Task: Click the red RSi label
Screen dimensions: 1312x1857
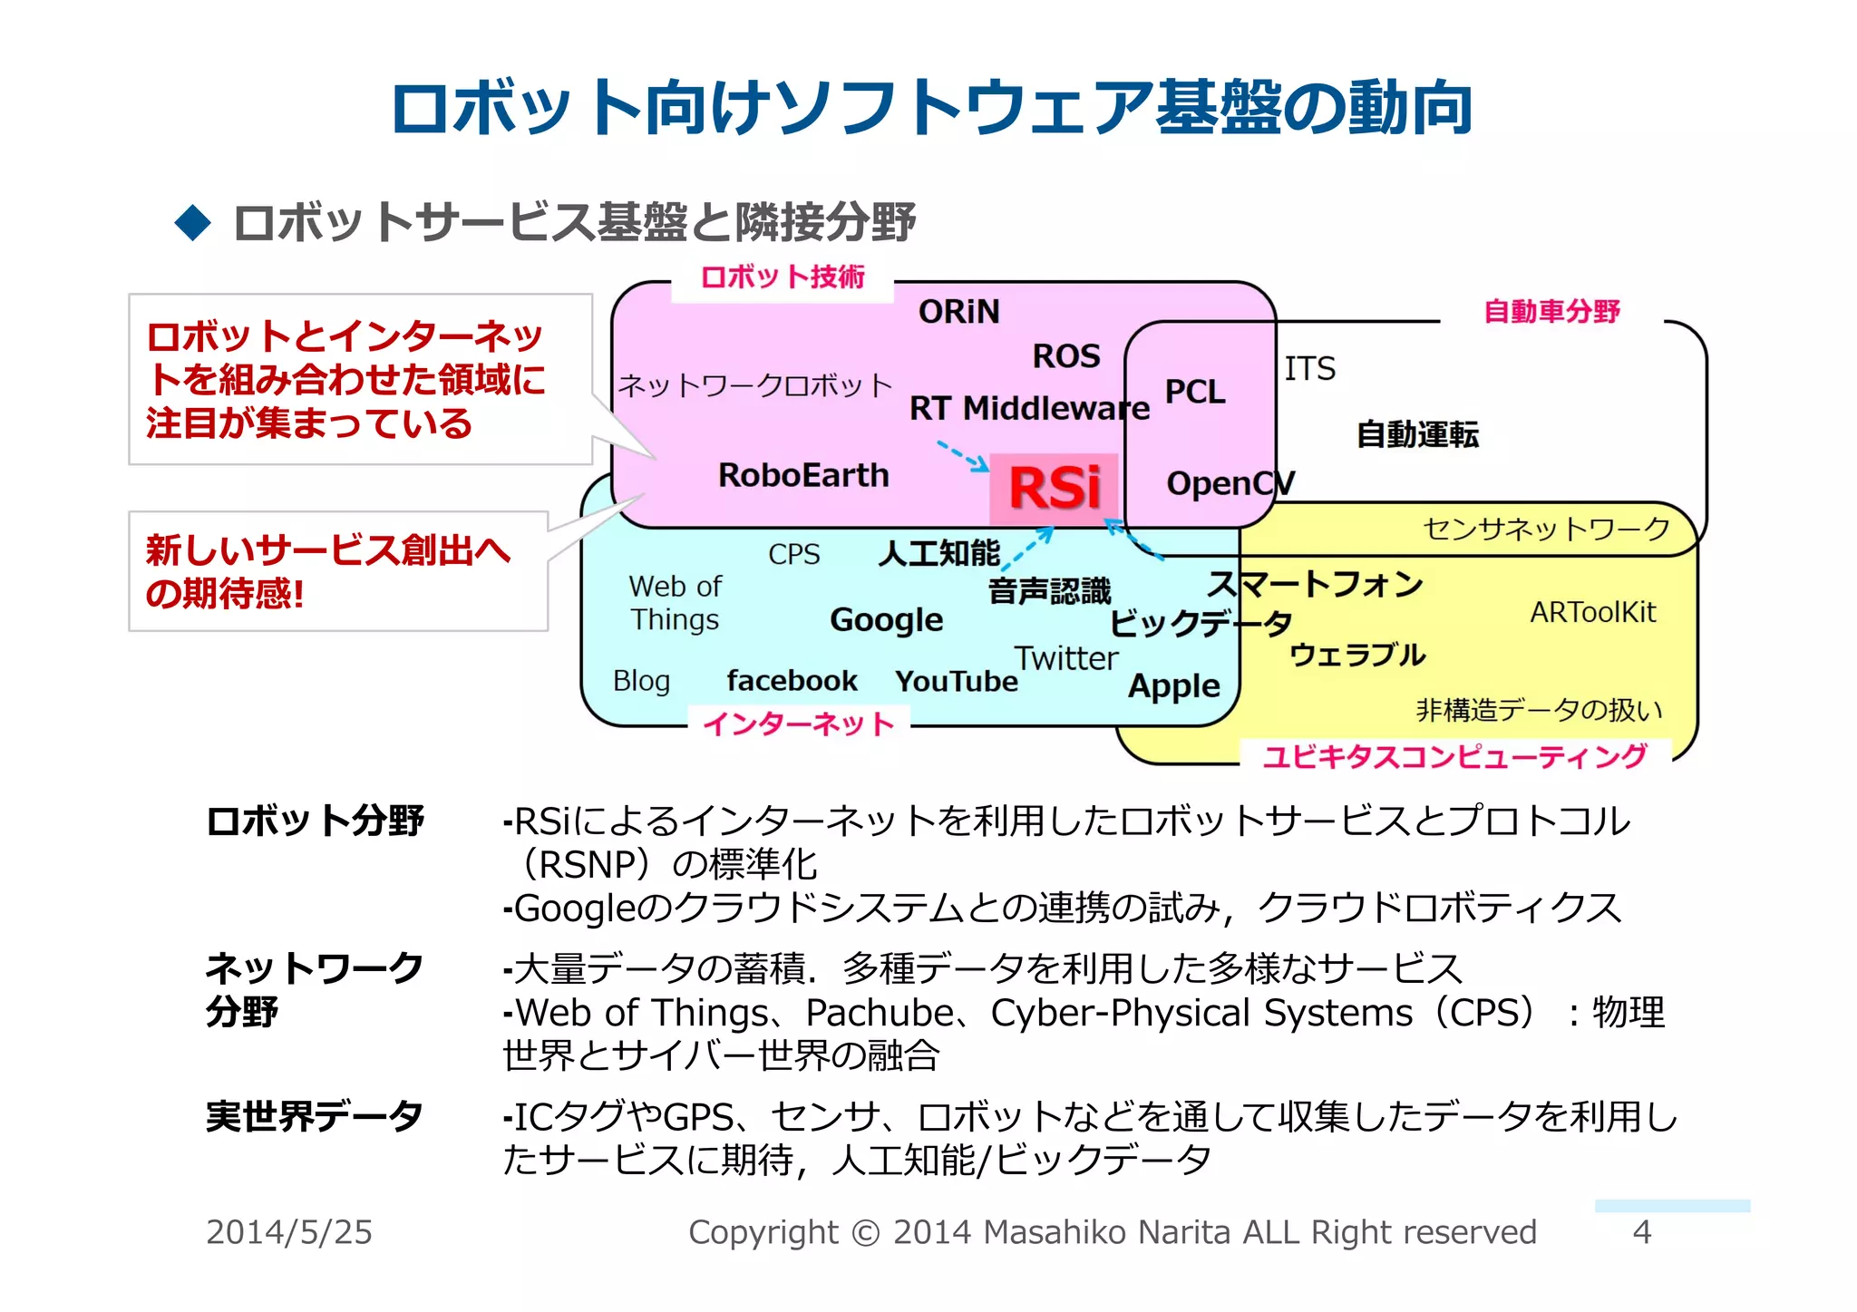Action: pos(1055,489)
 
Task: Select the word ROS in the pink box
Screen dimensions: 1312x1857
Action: pos(1066,356)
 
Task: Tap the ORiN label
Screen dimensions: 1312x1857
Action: pos(958,312)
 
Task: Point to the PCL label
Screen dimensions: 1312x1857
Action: pos(1194,392)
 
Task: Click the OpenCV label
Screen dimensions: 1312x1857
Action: pos(1230,483)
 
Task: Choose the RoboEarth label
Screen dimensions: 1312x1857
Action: pos(803,475)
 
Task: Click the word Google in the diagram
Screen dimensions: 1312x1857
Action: pos(886,620)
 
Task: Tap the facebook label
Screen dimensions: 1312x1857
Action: pos(792,680)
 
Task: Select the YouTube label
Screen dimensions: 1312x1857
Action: pos(956,681)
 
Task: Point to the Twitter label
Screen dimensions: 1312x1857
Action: pos(1065,658)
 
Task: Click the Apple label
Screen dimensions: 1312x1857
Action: pos(1173,686)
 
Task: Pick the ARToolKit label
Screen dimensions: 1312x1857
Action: pos(1592,613)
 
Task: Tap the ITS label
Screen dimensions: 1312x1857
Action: pos(1309,369)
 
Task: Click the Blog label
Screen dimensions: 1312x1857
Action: pos(641,681)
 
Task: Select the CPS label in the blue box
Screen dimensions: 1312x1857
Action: pos(793,554)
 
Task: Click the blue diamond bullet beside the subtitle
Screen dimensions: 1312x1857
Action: pos(192,222)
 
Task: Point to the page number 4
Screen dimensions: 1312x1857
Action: pos(1641,1232)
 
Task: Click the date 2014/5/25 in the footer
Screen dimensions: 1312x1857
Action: pos(288,1232)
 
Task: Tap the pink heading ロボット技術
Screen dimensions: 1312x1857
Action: pos(783,277)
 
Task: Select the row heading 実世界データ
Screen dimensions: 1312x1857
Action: pos(314,1116)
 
